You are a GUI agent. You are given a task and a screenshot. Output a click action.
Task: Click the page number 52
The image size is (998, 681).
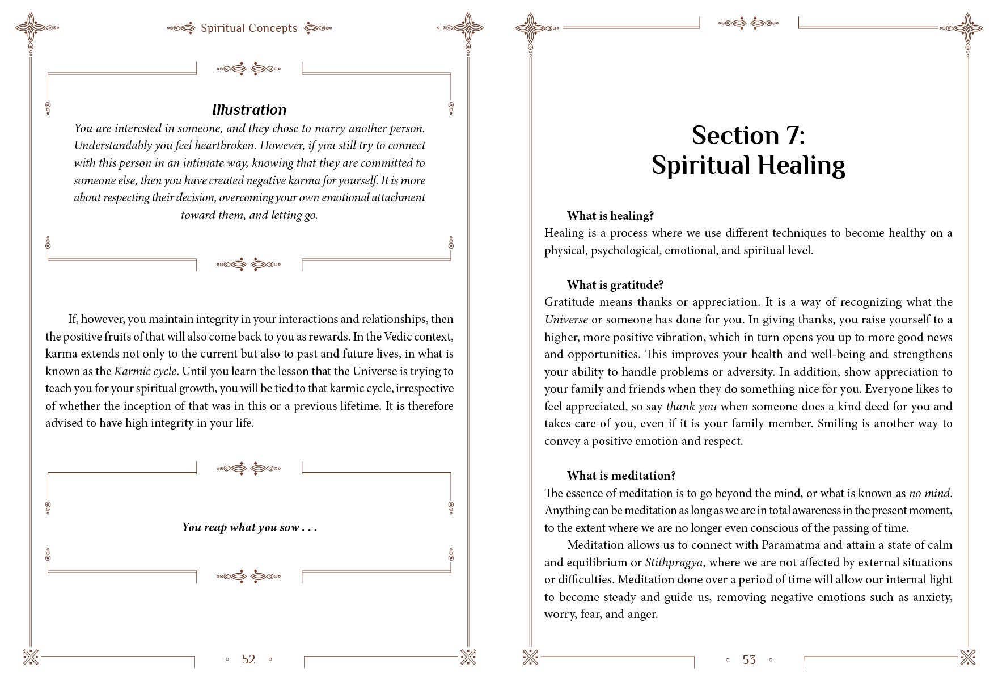coord(249,659)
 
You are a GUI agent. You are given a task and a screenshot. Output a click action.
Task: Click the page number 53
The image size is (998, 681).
coord(749,659)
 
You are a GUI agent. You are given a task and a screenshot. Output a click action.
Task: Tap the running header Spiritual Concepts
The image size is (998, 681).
coord(249,28)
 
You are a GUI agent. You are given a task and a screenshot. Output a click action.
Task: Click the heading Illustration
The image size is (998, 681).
coord(249,110)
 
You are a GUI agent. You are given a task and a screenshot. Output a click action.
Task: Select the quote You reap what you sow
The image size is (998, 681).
coord(249,527)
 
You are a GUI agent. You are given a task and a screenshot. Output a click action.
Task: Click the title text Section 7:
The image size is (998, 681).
coord(748,135)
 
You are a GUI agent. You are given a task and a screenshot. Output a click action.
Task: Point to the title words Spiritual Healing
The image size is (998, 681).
coord(748,165)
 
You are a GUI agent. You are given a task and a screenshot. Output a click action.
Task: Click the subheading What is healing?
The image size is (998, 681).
coord(610,216)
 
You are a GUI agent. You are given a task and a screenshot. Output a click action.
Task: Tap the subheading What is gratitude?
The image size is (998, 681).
coord(615,285)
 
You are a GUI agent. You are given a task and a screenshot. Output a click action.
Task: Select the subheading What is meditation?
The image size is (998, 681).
coord(621,476)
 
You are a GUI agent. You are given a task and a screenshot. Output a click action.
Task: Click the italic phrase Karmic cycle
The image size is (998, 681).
coord(146,371)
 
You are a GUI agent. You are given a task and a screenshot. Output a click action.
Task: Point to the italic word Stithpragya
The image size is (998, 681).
coord(674,562)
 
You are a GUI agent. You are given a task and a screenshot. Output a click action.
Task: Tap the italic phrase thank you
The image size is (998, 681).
coord(691,406)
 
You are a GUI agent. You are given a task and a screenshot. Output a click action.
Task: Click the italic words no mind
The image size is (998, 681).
coord(929,493)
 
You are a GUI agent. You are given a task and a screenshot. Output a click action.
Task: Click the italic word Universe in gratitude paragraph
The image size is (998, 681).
coord(566,320)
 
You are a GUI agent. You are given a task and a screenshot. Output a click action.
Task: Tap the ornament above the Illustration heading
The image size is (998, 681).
coord(249,69)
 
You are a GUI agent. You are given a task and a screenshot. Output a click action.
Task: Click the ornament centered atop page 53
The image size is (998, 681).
coord(748,23)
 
